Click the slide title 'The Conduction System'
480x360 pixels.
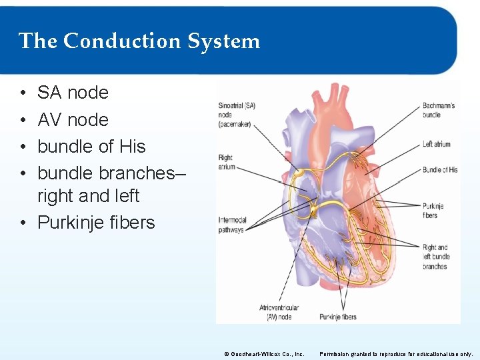139,41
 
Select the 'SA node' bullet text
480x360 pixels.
73,93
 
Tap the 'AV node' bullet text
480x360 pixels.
73,119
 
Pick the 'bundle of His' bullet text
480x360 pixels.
91,146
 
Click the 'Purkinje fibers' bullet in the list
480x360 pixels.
96,222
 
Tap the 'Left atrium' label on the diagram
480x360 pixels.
437,144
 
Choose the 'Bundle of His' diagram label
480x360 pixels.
440,170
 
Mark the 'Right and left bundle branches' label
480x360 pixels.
435,257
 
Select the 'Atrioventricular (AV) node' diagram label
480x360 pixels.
279,312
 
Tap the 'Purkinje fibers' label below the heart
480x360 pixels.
337,317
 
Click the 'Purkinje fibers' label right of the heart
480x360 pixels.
430,211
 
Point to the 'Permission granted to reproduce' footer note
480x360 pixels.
396,353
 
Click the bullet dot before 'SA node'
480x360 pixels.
23,93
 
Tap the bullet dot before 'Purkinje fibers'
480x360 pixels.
23,223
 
